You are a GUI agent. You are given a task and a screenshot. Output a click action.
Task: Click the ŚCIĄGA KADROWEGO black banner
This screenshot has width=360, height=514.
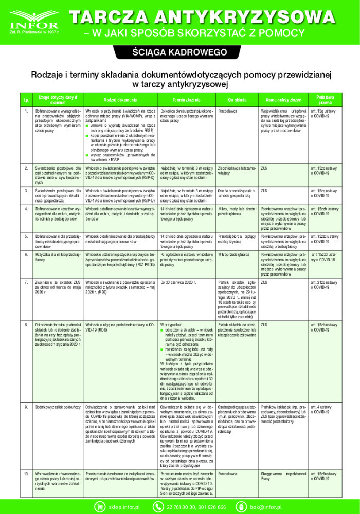tap(179, 53)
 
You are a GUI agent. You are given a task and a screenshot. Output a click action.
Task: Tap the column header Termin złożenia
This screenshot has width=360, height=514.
tap(186, 99)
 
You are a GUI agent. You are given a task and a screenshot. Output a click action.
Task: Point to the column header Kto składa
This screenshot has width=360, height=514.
tap(237, 99)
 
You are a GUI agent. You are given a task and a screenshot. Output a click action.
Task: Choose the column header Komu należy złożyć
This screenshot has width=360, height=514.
tap(283, 99)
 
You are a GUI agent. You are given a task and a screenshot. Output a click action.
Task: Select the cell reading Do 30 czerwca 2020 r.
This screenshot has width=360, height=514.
tap(182, 282)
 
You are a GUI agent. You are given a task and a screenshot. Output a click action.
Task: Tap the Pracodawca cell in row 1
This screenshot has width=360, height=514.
tap(227, 111)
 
